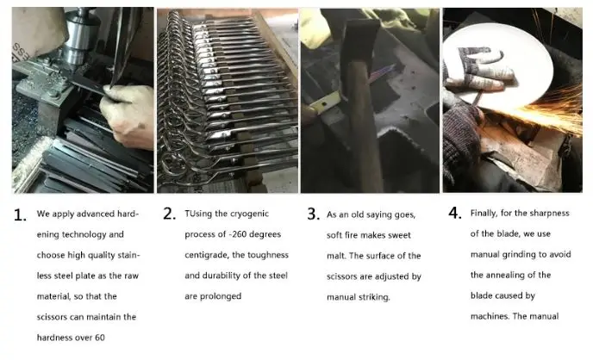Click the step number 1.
pos(19,215)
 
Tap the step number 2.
pos(170,214)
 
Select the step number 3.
pos(313,214)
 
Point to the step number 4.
pos(455,213)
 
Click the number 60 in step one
pos(100,338)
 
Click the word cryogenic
pos(248,214)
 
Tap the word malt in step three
pos(336,256)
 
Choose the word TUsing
pos(198,214)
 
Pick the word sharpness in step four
pos(549,214)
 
